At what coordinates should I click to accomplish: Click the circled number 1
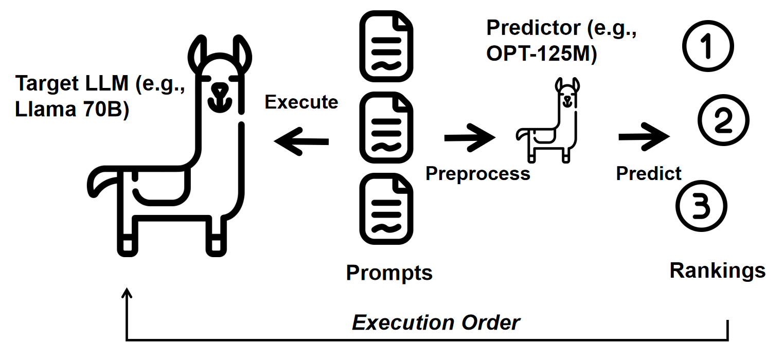708,46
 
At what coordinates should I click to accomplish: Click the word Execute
301,102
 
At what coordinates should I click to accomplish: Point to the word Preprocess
478,173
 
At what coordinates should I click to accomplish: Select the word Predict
649,173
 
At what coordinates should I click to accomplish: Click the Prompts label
389,273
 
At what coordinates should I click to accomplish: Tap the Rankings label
718,270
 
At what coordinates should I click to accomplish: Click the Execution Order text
436,323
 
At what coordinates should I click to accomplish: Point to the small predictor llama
549,120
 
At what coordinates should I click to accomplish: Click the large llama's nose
220,89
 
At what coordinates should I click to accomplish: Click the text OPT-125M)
542,54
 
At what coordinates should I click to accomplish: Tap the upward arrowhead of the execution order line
127,294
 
